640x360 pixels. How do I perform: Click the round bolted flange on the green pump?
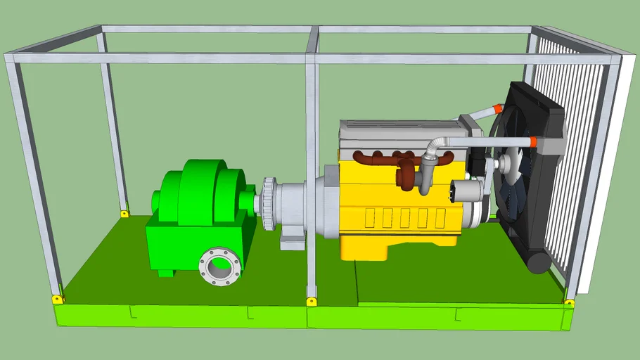click(219, 266)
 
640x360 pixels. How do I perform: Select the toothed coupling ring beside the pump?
click(269, 204)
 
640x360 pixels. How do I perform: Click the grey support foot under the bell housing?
click(293, 240)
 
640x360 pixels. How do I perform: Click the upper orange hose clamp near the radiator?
click(498, 109)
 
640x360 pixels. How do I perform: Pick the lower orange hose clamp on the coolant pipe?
click(533, 142)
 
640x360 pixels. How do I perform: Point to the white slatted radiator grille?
click(570, 162)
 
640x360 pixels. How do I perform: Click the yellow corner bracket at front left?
click(58, 299)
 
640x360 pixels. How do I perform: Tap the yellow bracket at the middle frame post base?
click(311, 302)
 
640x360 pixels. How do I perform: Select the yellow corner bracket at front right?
click(569, 303)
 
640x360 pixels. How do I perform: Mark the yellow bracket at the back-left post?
click(124, 213)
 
